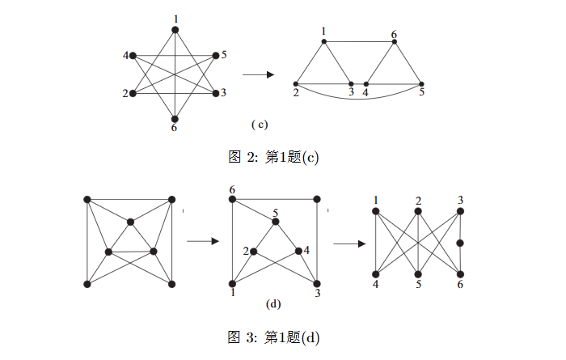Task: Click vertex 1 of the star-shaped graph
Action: [174, 30]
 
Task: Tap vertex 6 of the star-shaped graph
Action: [174, 118]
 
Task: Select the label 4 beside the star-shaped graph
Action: [125, 55]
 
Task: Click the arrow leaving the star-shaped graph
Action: [258, 75]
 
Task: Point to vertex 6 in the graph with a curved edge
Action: [395, 41]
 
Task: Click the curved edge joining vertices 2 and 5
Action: [358, 99]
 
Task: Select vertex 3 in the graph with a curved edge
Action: [351, 83]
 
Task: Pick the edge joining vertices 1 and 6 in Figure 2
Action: [359, 41]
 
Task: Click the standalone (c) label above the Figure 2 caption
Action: [259, 125]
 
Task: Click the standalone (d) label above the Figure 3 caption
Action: [273, 304]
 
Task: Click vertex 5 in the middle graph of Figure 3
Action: [276, 221]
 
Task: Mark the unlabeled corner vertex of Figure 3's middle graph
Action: [317, 198]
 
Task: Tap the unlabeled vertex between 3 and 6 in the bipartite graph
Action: [461, 242]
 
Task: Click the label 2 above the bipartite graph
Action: [419, 201]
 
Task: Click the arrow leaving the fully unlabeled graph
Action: [203, 241]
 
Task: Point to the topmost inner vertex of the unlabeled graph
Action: [130, 221]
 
